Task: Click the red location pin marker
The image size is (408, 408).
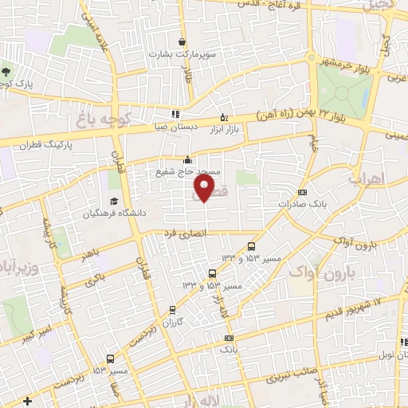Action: point(205,189)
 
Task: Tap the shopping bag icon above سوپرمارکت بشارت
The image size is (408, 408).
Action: point(182,42)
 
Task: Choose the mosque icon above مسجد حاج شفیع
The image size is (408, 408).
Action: point(187,159)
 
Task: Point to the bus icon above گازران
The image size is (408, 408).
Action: point(173,311)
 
